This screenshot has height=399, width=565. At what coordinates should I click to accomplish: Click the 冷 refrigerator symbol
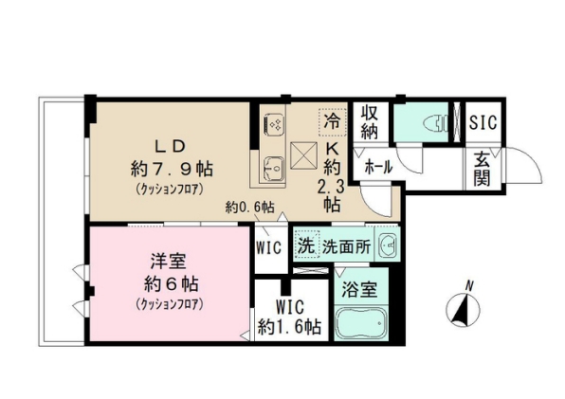point(331,120)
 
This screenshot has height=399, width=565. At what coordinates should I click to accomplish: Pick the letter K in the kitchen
point(334,149)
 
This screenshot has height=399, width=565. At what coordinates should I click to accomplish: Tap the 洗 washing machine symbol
point(305,245)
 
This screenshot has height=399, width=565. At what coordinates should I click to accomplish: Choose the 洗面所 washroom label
point(344,245)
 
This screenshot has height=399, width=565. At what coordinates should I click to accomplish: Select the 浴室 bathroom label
point(358,288)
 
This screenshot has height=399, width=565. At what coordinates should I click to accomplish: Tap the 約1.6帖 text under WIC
point(290,327)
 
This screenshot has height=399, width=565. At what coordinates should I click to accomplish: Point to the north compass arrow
point(464,310)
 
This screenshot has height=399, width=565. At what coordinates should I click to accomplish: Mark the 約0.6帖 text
point(249,207)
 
